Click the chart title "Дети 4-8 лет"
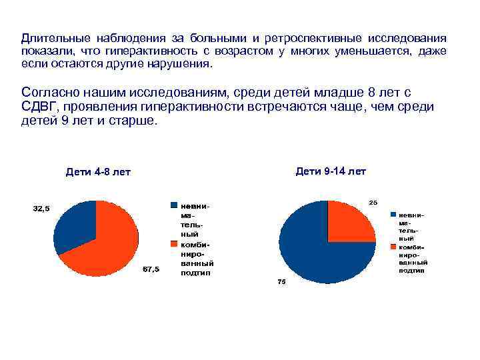(99, 173)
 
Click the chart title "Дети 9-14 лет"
(331, 171)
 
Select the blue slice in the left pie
(74, 223)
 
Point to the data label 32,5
(41, 209)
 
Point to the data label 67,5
(151, 269)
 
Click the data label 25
(373, 202)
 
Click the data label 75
(281, 282)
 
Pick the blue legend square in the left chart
(174, 205)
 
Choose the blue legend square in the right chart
(394, 215)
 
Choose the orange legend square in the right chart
(394, 246)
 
